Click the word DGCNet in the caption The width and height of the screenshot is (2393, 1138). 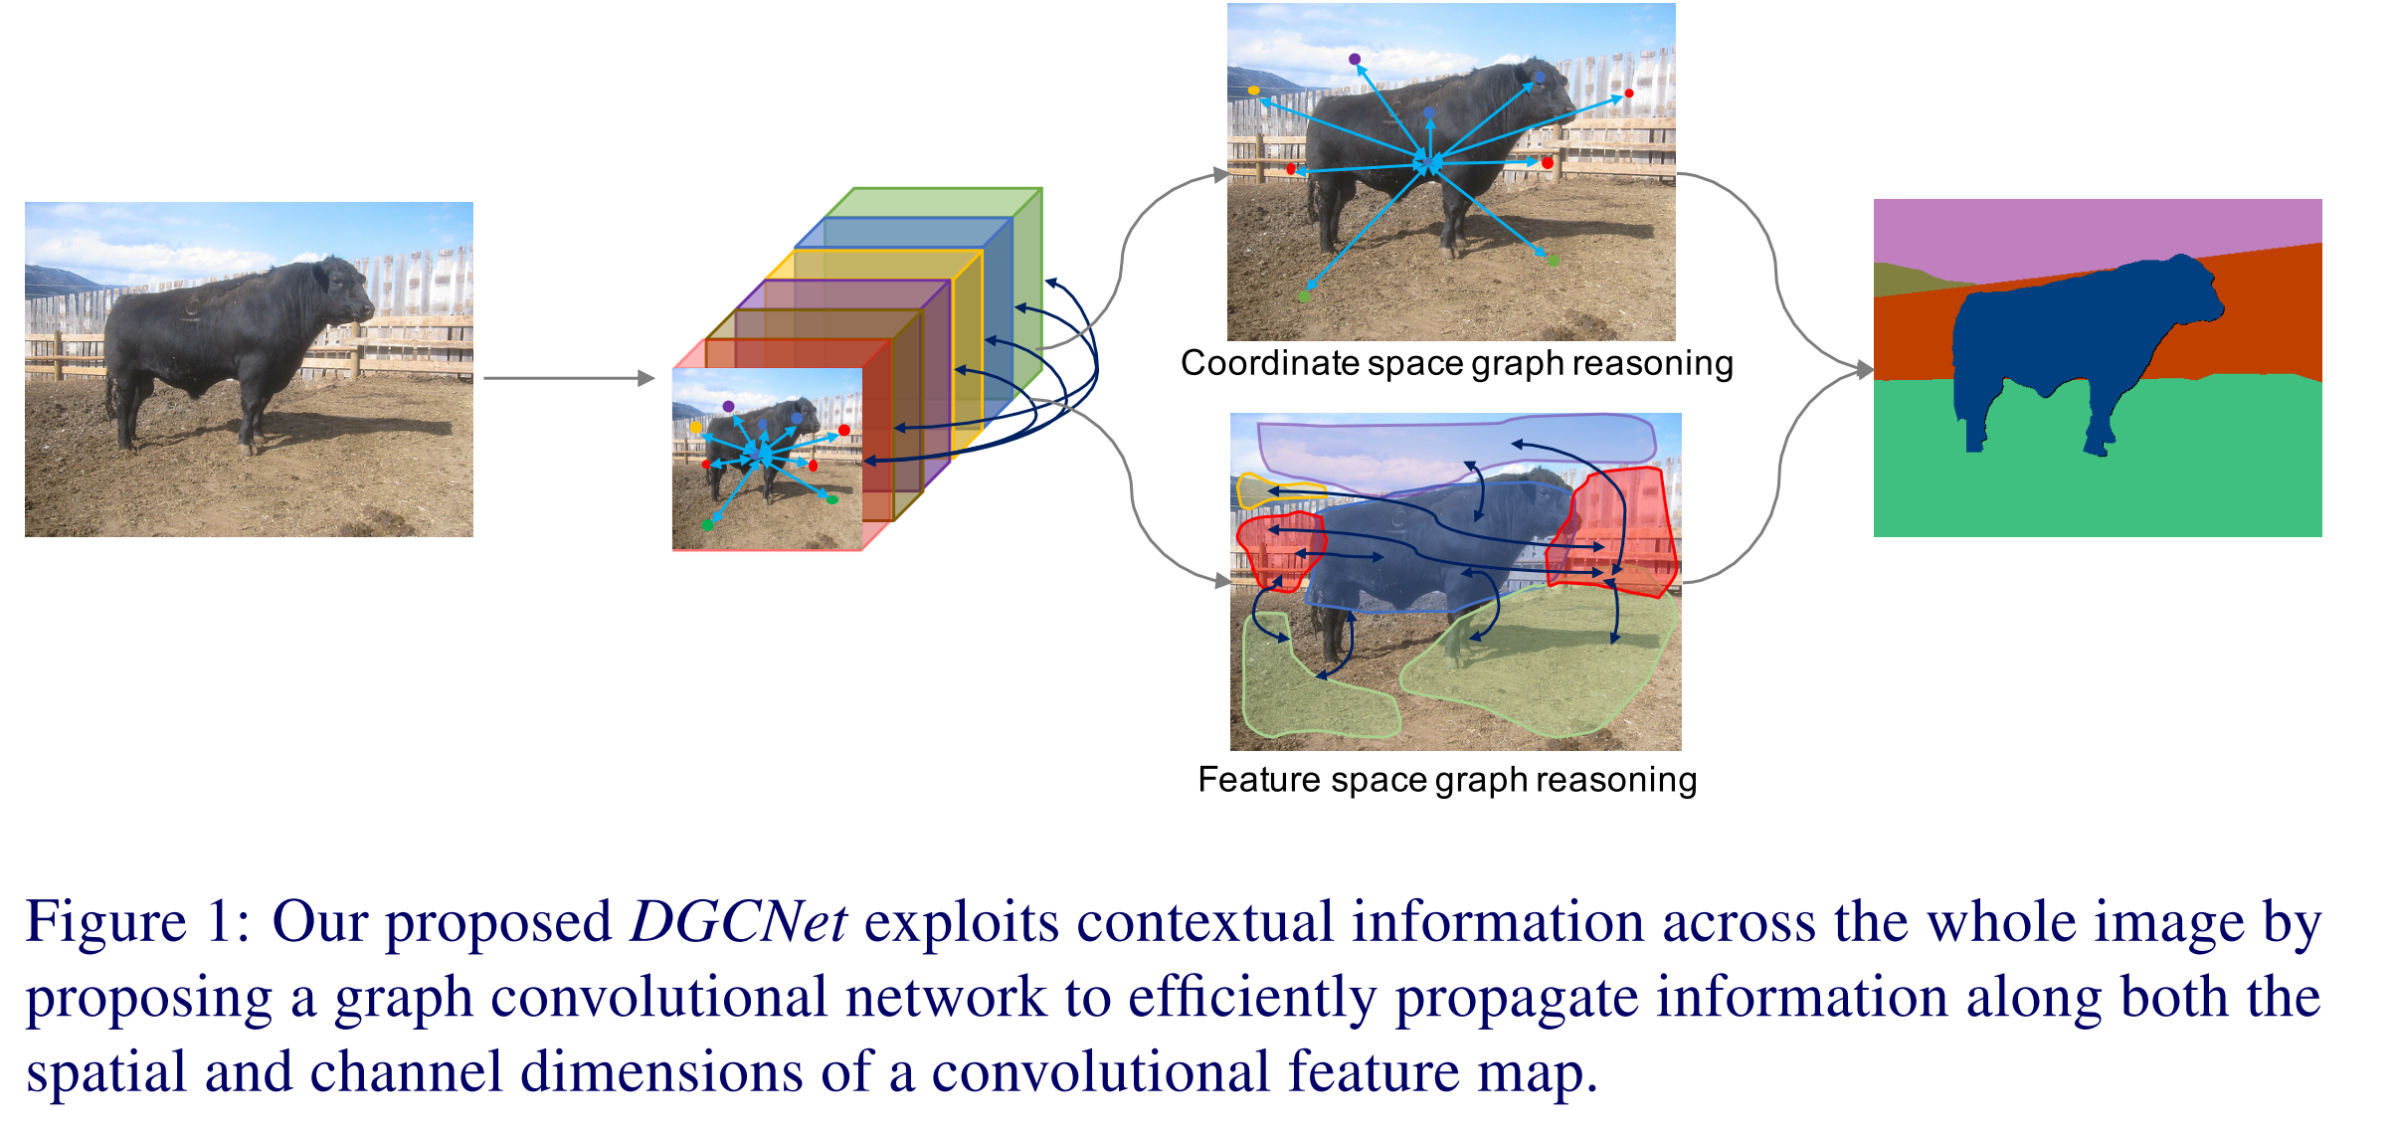[738, 922]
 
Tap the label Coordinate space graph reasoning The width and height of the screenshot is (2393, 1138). [1456, 364]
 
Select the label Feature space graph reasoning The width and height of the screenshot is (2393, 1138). [1447, 780]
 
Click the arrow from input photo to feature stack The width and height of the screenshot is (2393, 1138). [568, 378]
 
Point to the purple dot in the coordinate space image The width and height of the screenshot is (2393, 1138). [1355, 60]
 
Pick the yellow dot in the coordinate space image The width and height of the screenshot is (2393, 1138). [1254, 91]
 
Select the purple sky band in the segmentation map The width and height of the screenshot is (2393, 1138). [2089, 234]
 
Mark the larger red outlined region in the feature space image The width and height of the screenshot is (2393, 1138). [1616, 532]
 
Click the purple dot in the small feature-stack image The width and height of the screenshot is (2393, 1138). [729, 407]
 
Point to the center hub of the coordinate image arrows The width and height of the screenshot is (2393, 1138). [1428, 162]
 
